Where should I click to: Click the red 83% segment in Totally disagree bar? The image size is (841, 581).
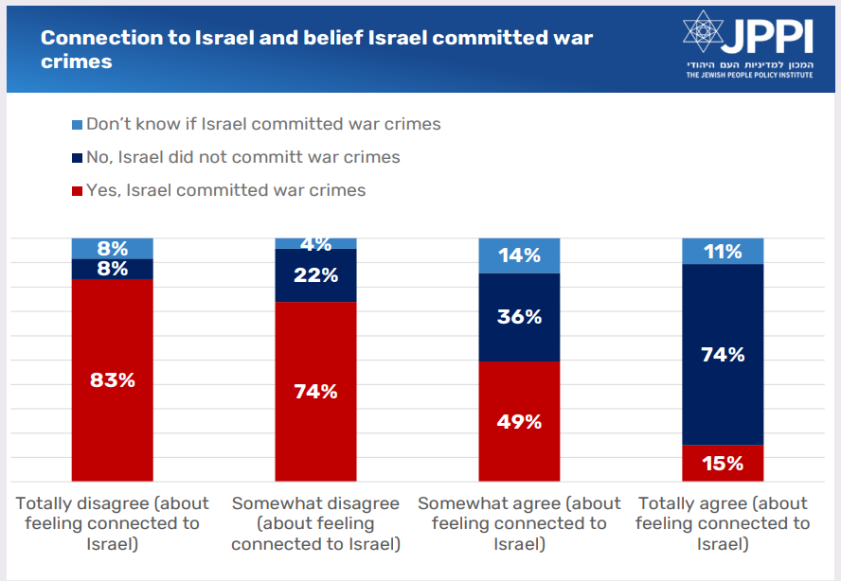(113, 380)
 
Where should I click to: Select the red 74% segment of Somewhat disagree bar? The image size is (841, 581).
(315, 392)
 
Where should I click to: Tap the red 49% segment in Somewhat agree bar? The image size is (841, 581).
(519, 421)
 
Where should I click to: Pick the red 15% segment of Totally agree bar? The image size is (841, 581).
(723, 463)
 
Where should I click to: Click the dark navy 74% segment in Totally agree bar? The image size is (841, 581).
(723, 355)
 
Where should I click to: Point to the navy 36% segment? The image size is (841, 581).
(519, 317)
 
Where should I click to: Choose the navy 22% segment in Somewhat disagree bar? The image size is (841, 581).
(315, 275)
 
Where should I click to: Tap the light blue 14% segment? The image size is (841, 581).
(519, 255)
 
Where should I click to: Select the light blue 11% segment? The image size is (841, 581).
(723, 252)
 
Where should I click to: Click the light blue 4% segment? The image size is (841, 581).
(315, 243)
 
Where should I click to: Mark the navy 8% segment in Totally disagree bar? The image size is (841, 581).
(113, 269)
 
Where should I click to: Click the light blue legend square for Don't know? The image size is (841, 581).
(77, 124)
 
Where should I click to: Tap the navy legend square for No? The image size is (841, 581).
(77, 157)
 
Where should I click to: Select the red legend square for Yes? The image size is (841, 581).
(77, 190)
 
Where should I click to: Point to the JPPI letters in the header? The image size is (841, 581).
(767, 35)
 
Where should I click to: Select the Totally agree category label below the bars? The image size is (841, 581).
(723, 523)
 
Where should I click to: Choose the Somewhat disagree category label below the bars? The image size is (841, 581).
(315, 523)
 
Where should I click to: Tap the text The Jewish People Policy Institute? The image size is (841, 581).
(749, 75)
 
